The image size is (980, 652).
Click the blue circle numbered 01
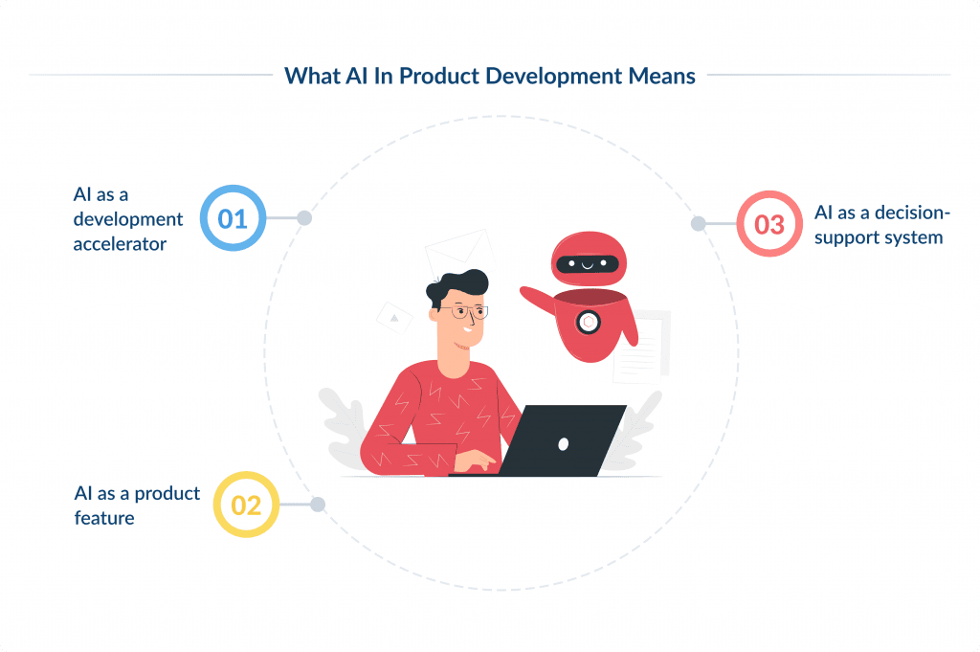click(233, 218)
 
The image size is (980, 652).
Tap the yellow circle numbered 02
click(246, 505)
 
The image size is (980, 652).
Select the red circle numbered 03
click(769, 224)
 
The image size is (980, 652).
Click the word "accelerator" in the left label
click(121, 244)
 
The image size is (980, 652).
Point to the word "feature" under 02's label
click(104, 518)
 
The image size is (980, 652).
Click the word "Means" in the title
click(661, 77)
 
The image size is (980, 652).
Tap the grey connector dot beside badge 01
click(304, 218)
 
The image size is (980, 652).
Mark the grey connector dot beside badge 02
click(318, 505)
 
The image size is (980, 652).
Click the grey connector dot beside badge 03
click(699, 224)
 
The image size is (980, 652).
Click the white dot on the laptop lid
click(563, 443)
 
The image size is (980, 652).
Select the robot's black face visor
click(586, 262)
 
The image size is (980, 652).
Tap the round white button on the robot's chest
click(589, 323)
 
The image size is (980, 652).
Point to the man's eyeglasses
click(470, 311)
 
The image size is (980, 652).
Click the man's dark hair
click(457, 284)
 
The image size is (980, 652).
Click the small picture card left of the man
click(394, 317)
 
